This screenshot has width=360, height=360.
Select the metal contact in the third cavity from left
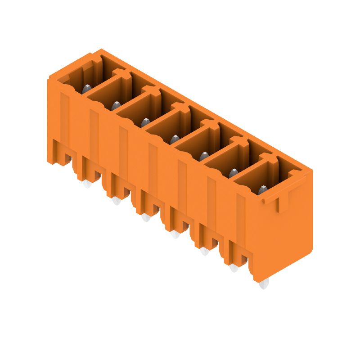[145, 122]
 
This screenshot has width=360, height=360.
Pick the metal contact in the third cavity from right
[203, 156]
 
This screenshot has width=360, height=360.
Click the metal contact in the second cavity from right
[233, 172]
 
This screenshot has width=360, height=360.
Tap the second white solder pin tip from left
[116, 201]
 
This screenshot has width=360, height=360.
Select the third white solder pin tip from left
[145, 218]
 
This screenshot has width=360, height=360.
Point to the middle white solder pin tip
[174, 234]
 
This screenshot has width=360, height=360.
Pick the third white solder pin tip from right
[204, 251]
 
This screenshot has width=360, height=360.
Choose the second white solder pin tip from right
[234, 268]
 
